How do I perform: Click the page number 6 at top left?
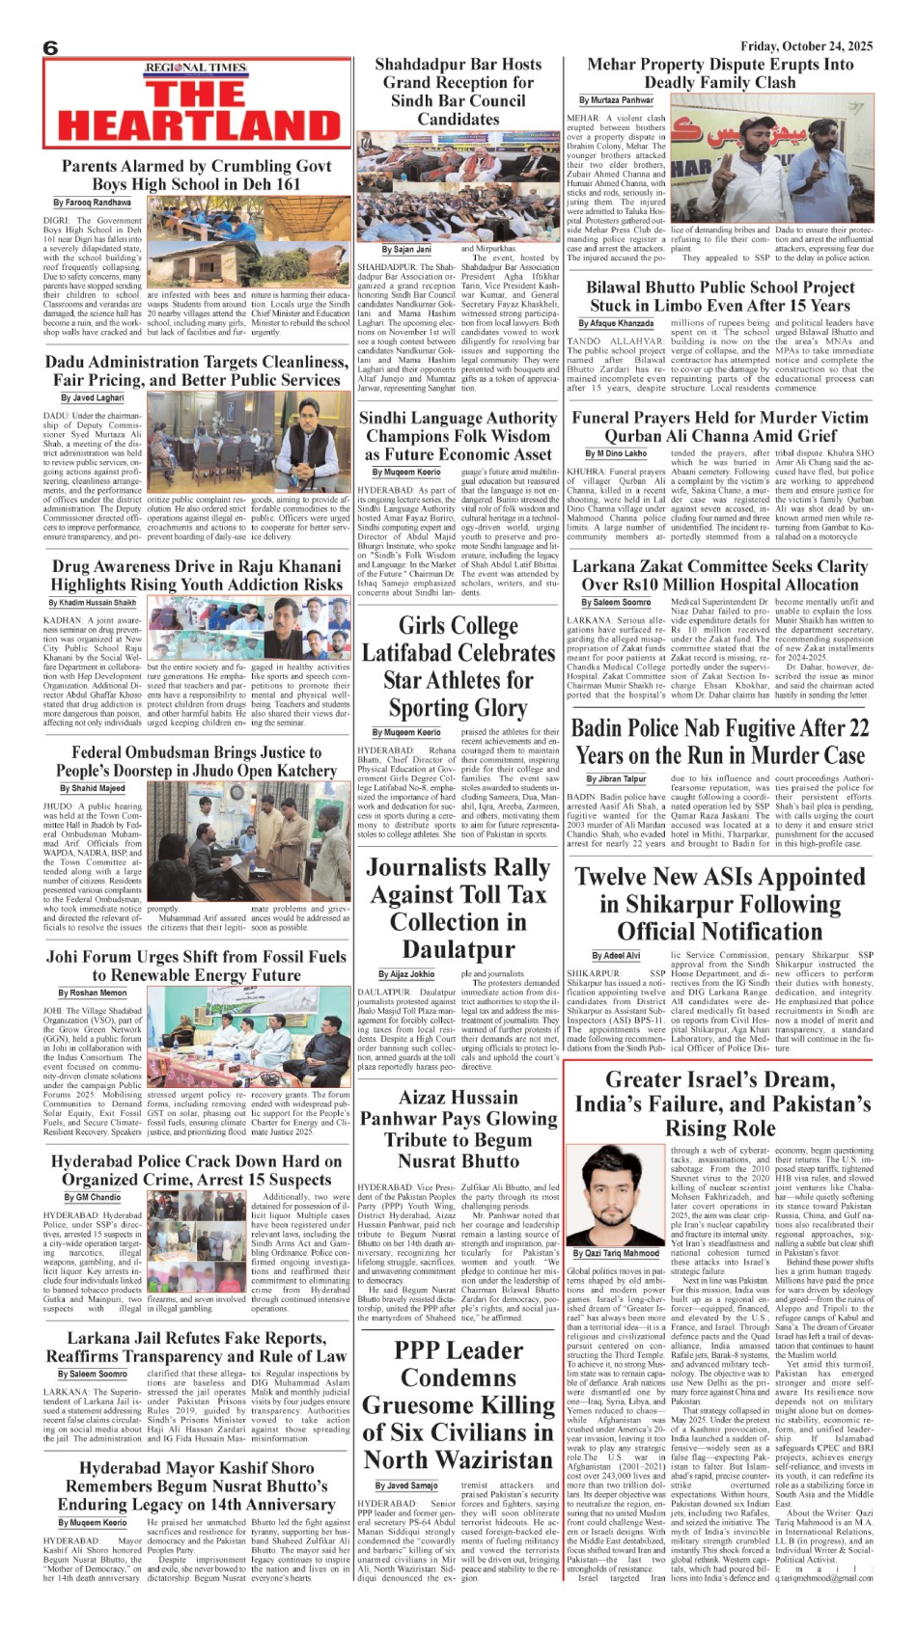(50, 48)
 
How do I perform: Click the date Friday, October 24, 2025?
(807, 45)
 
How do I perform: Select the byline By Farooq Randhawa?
(93, 203)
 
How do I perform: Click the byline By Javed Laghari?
(93, 397)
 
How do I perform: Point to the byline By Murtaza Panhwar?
(616, 100)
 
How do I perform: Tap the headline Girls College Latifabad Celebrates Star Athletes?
(458, 666)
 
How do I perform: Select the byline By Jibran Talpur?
(616, 778)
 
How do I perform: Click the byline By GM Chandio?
(94, 1197)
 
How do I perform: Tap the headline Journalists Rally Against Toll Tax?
(458, 907)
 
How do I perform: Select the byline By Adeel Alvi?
(615, 955)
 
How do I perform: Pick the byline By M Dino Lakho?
(615, 453)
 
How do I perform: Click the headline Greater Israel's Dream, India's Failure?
(720, 1104)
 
